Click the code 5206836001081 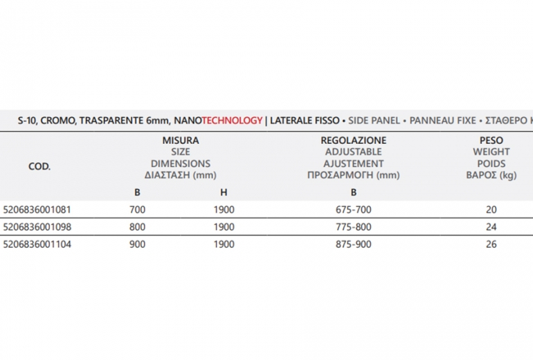click(x=37, y=209)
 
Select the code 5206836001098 click(x=37, y=226)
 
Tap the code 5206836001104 click(x=37, y=244)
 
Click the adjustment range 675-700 click(x=353, y=209)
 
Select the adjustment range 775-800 click(x=353, y=226)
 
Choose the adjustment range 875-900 click(x=353, y=244)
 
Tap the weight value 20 click(x=491, y=209)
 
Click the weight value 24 click(x=491, y=226)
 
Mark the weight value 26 click(x=491, y=244)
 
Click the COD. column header click(x=39, y=166)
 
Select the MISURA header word click(x=180, y=140)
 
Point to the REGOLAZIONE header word click(x=354, y=140)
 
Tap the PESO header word click(x=491, y=140)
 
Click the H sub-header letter click(x=224, y=192)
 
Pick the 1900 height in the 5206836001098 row click(x=224, y=226)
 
